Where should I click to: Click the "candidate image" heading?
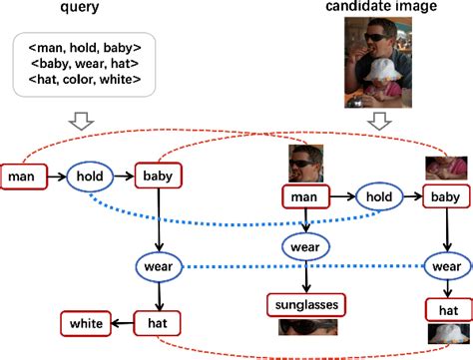[x=381, y=8]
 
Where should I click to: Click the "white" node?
[x=84, y=295]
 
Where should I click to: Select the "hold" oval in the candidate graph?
[x=379, y=197]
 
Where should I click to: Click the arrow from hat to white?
[x=124, y=295]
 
